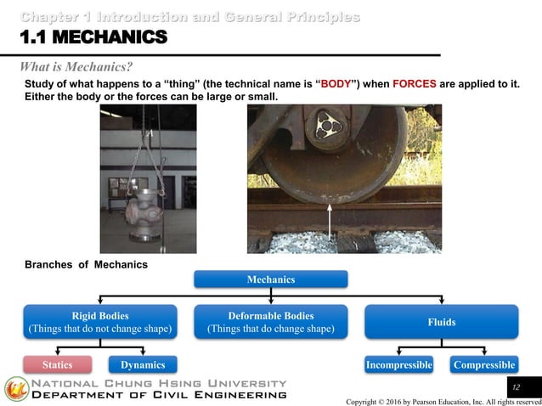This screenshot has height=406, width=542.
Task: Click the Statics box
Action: click(59, 365)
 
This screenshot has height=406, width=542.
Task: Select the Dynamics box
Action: click(143, 365)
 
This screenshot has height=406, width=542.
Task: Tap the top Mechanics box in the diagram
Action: click(271, 279)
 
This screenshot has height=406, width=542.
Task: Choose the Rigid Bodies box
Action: click(100, 322)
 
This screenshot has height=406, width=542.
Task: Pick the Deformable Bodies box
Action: click(271, 322)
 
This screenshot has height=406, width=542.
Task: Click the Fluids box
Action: click(442, 322)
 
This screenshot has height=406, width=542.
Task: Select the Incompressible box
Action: click(399, 365)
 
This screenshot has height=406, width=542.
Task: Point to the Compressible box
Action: click(484, 365)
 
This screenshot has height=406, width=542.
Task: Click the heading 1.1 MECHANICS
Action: click(88, 37)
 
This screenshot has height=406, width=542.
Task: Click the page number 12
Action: click(514, 387)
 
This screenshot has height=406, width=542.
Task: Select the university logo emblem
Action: click(16, 389)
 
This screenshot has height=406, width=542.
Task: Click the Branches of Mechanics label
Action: click(87, 265)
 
